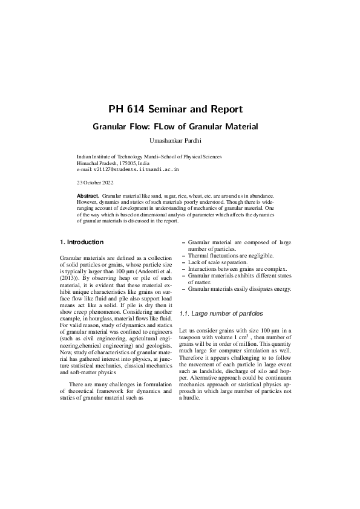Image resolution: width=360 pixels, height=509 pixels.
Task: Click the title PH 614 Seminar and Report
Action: click(175, 109)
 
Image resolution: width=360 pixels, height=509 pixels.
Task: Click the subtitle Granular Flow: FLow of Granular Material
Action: click(175, 127)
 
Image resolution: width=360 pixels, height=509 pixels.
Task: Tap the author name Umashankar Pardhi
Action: click(175, 141)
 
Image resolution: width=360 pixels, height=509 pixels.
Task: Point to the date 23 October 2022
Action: click(94, 181)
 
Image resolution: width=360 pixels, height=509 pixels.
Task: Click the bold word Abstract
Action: click(88, 196)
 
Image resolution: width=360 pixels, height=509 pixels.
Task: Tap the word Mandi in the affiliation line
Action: click(152, 157)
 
